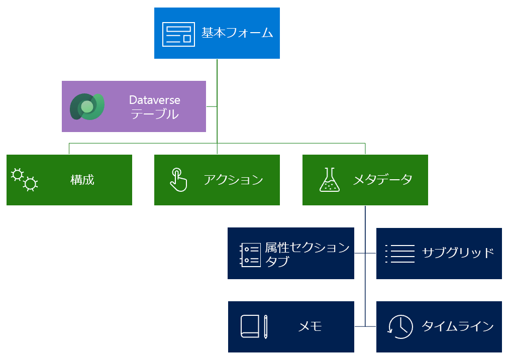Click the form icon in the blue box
point(178,34)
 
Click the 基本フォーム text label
point(237,34)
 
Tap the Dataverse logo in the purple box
point(87,106)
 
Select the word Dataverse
point(154,99)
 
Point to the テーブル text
point(154,114)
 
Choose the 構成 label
point(82,180)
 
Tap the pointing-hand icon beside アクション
point(177,180)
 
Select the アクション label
point(233,180)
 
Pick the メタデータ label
point(382,180)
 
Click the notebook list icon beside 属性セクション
point(250,254)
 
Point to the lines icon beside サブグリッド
point(399,254)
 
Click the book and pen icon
point(254,327)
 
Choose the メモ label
point(310,327)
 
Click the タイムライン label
point(457,326)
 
